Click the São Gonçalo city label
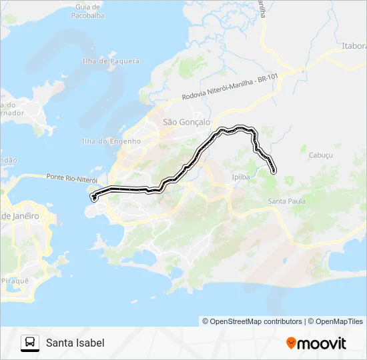(187, 122)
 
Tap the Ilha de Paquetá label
(110, 61)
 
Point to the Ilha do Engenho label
(111, 141)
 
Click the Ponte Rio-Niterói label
(72, 178)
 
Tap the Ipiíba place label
(240, 177)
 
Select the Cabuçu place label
(320, 154)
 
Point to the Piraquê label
(16, 281)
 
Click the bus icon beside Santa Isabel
(30, 343)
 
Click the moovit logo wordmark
(322, 343)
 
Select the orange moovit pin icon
(292, 343)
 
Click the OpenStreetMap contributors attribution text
(252, 321)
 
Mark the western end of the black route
(94, 197)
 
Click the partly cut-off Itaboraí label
(354, 46)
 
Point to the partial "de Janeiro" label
(20, 216)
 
